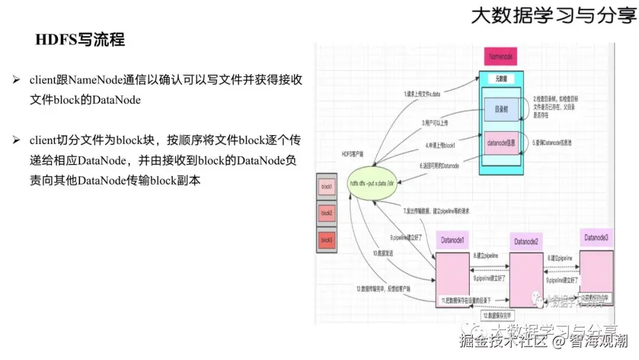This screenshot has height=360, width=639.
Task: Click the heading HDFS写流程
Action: click(x=80, y=40)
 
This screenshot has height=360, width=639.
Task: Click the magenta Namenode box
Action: click(x=501, y=57)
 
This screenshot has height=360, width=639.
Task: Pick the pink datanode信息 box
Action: click(x=502, y=144)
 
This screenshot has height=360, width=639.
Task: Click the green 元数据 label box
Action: click(x=501, y=78)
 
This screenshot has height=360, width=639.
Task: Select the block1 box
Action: click(x=327, y=187)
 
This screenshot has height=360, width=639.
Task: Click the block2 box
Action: click(x=327, y=213)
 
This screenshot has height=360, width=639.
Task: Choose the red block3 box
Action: click(x=327, y=240)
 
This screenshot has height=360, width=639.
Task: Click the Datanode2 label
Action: click(x=526, y=242)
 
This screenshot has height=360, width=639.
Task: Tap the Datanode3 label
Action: click(x=596, y=237)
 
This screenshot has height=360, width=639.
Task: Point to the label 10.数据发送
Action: click(x=383, y=253)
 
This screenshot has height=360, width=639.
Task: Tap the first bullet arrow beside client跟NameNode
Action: click(x=17, y=79)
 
